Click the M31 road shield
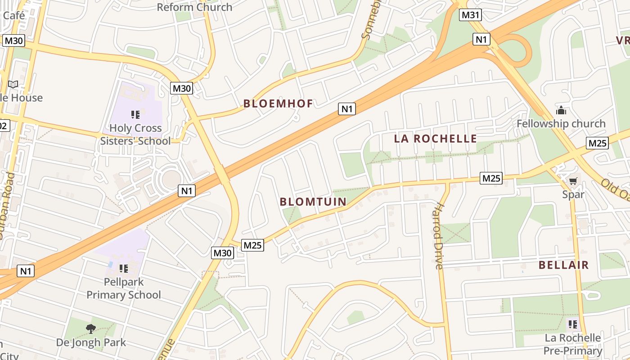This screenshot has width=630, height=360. pos(470,15)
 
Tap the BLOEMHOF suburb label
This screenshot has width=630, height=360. pos(278,103)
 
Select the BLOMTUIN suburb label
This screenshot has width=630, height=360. pos(313,202)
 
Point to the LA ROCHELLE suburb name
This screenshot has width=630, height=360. pos(435,139)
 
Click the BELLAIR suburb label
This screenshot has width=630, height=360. pos(563,265)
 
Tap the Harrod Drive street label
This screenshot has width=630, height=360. pos(439,237)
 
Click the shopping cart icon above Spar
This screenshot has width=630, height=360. pos(573,181)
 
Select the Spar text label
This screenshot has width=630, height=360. pos(573,194)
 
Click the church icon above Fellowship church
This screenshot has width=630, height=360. pos(561,110)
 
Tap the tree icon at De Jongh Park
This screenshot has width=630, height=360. pos(91,329)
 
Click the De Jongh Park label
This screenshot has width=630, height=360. pos(91,342)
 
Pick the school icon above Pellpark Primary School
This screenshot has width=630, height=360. pos(124,269)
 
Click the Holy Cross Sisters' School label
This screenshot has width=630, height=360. pos(135,135)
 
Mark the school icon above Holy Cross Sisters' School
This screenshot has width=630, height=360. pos(135,115)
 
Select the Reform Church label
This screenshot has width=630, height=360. pos(194,7)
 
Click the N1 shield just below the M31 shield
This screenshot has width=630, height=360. pos(481,39)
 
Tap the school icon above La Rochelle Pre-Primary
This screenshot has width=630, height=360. pos(572,324)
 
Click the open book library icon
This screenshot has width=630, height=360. pos(13,84)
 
